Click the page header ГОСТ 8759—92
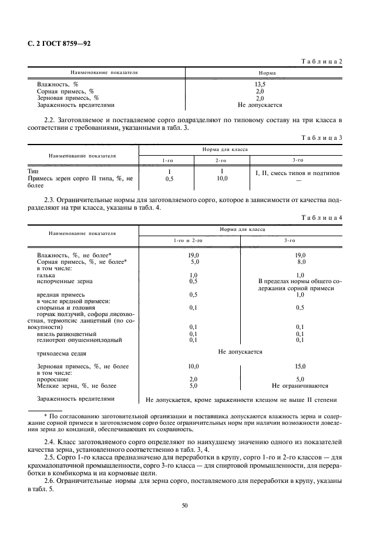(59, 43)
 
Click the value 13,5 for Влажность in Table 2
(260, 85)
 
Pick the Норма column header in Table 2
(260, 73)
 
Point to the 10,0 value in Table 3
(221, 177)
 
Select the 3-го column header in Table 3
(297, 160)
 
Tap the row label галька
(46, 275)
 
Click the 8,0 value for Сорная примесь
(300, 262)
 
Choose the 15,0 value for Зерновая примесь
(300, 366)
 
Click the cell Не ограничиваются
(300, 386)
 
